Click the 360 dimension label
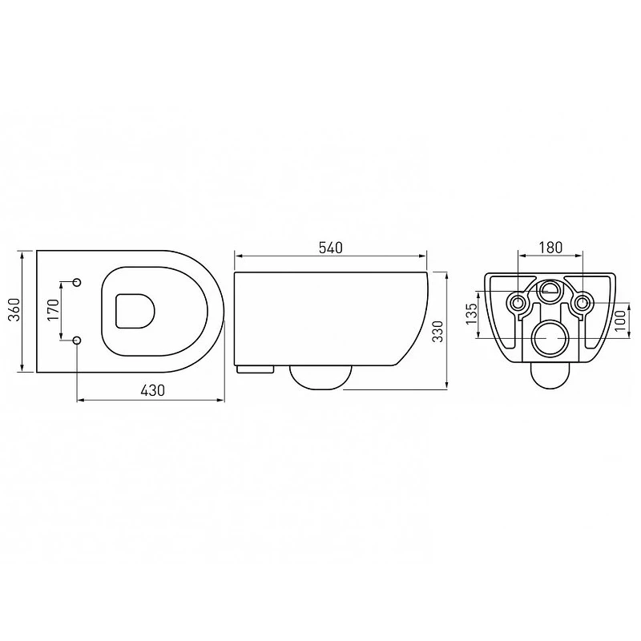14,309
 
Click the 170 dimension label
53,309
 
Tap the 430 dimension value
152,390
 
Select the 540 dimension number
330,248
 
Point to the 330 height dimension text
437,331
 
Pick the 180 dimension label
550,248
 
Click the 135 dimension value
471,313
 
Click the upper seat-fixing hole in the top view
77,282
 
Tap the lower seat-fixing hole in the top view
77,340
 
